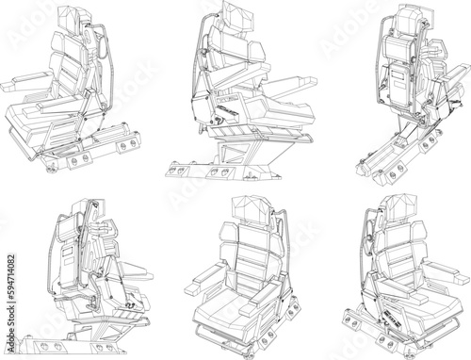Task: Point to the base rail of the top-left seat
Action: point(94,152)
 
